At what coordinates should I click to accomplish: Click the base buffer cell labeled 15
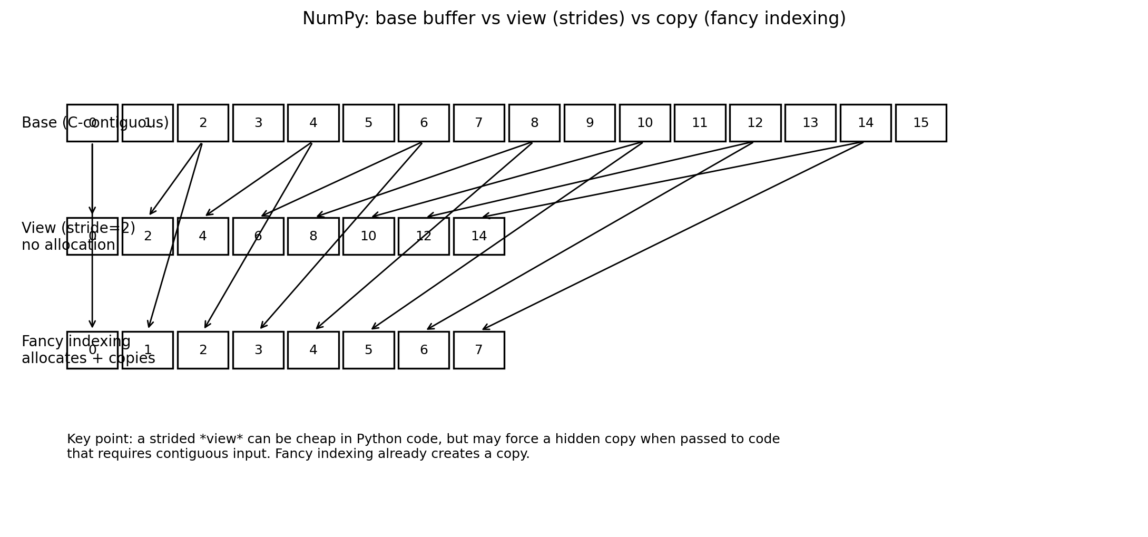[920, 123]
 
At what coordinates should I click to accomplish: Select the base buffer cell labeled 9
[589, 123]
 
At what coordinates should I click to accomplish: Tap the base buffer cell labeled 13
[810, 123]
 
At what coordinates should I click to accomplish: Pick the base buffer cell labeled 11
[700, 123]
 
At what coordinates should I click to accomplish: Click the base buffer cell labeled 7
[478, 123]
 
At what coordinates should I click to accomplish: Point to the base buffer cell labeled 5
[368, 123]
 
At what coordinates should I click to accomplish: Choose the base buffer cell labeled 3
[258, 123]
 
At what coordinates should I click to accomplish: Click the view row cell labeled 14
[478, 236]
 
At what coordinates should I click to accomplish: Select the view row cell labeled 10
[368, 236]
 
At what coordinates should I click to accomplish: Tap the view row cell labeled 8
[313, 236]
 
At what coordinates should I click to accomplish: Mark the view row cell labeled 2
[148, 236]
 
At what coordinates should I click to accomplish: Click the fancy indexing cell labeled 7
[478, 350]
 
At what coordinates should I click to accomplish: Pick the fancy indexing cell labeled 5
[368, 350]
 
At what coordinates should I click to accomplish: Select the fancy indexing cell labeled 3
[258, 350]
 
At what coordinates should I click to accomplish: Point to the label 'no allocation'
[68, 245]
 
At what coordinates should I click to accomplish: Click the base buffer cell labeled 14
[865, 123]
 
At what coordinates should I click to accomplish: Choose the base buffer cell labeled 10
[644, 123]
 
